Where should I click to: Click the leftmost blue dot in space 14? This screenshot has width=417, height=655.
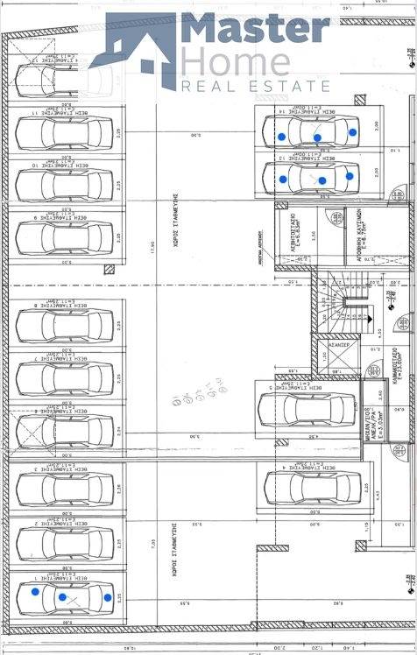(x=281, y=137)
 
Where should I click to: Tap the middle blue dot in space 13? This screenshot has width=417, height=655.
(x=322, y=181)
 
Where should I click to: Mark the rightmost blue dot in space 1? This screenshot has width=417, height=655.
(x=108, y=598)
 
